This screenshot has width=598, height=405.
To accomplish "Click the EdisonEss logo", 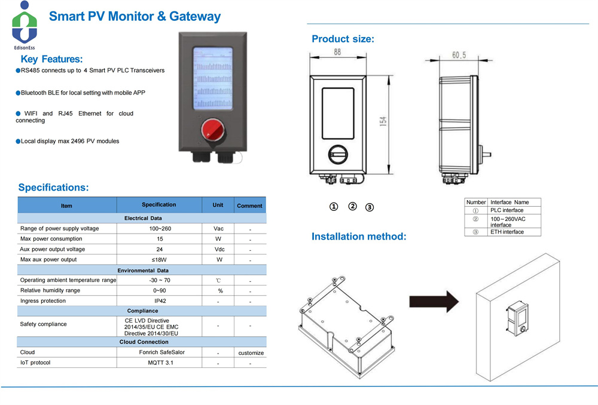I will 25,23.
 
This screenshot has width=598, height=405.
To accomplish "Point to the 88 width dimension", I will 337,53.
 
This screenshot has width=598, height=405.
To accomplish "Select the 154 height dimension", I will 383,121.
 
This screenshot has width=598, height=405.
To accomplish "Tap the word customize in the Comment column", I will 251,353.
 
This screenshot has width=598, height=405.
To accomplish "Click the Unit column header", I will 218,205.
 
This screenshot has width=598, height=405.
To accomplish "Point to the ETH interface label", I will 507,232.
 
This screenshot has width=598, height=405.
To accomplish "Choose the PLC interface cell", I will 507,210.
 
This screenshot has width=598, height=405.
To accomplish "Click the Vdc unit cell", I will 219,250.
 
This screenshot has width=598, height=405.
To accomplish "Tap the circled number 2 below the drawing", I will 353,206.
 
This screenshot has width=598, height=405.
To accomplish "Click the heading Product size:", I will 343,39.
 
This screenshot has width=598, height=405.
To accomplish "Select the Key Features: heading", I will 51,59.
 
